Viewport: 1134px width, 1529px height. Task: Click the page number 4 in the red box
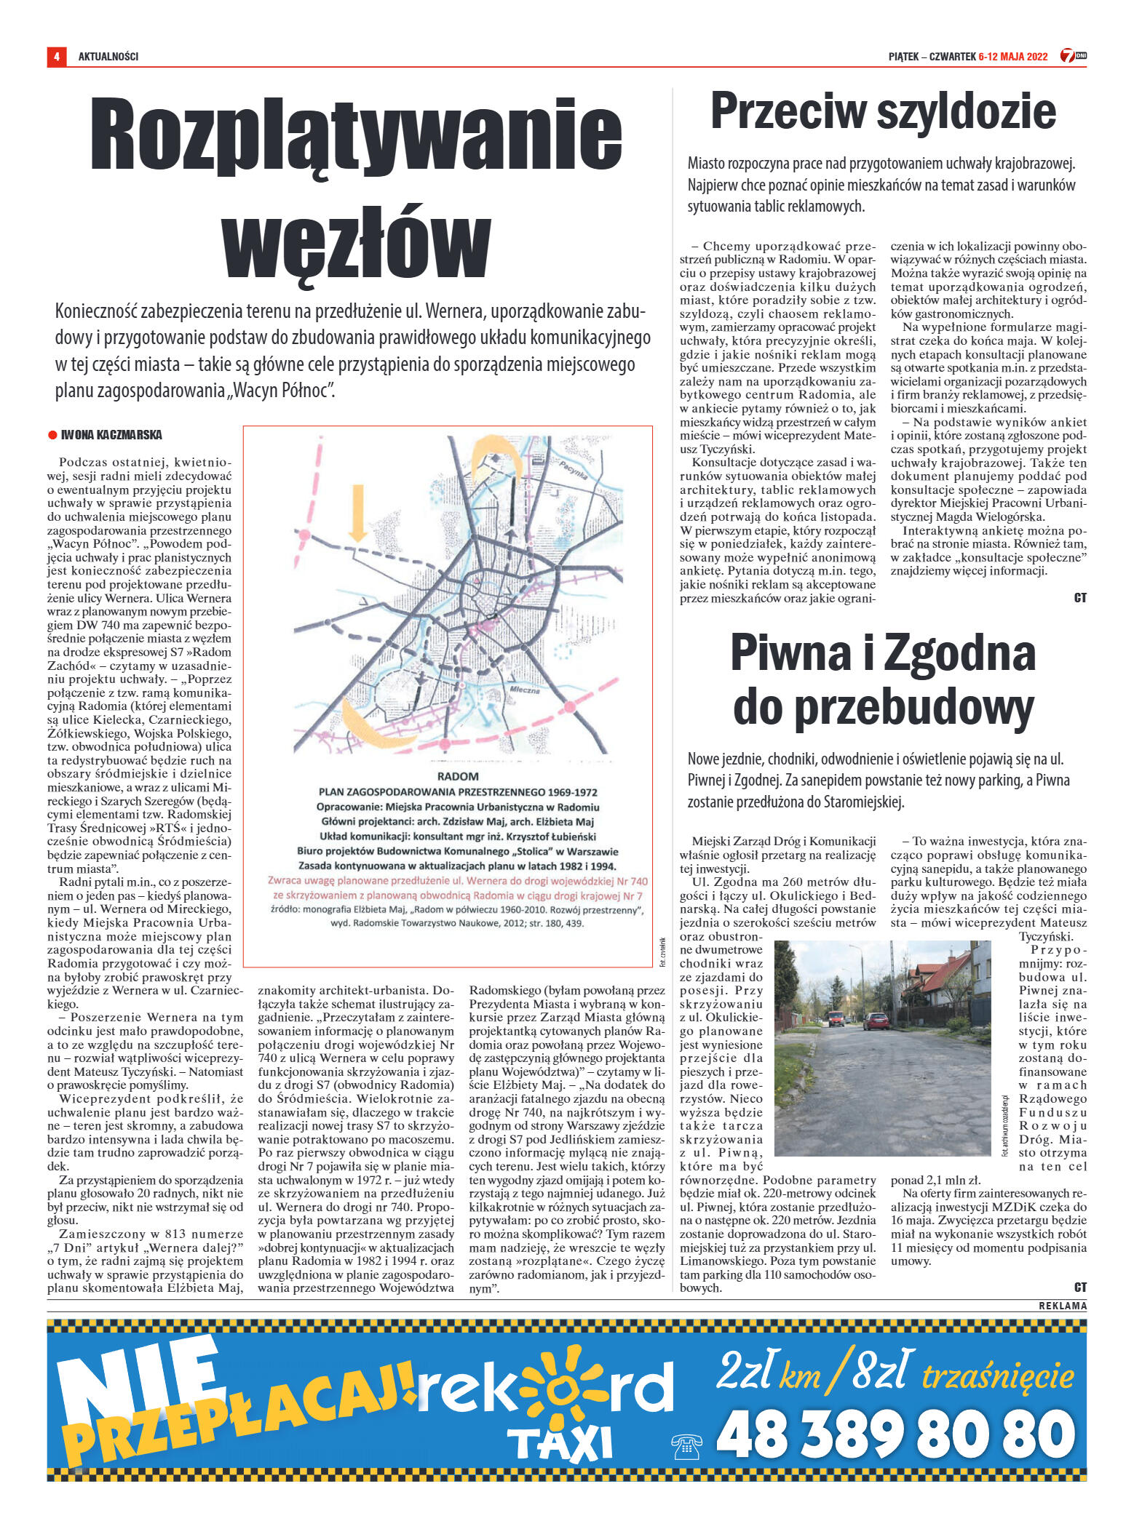(56, 57)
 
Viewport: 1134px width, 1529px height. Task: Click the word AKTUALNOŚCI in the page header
(108, 57)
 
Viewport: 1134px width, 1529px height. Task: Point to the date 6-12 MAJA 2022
(1012, 57)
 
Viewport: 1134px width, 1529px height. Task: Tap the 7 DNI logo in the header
(1072, 56)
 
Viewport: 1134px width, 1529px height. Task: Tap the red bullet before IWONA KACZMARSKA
(52, 435)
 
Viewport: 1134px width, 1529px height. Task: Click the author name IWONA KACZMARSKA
(111, 435)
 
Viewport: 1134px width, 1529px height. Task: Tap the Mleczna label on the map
(524, 690)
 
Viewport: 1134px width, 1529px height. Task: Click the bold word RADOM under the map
(458, 776)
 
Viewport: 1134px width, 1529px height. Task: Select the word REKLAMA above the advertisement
(1063, 1306)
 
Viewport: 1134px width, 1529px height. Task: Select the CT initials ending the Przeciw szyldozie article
(1079, 598)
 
